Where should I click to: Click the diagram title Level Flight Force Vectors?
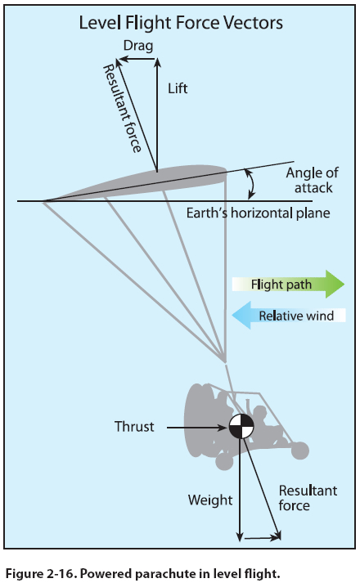click(x=181, y=23)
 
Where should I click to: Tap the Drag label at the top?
click(x=138, y=46)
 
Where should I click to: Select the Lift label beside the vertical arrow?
click(x=178, y=88)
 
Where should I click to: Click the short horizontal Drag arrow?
click(x=137, y=59)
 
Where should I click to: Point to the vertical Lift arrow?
click(x=157, y=114)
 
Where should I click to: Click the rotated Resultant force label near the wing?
click(x=122, y=109)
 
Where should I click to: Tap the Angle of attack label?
click(x=312, y=181)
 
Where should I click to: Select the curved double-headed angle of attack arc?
click(x=254, y=184)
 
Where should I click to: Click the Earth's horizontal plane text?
click(x=258, y=213)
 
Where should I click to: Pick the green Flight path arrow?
click(x=288, y=284)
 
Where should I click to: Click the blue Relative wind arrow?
click(x=289, y=316)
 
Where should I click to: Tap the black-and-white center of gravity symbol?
click(x=241, y=426)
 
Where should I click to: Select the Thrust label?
click(x=134, y=427)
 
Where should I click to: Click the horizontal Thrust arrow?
click(x=196, y=428)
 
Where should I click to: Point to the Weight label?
click(x=210, y=500)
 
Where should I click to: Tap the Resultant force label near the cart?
click(x=308, y=498)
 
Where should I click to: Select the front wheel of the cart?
click(x=299, y=451)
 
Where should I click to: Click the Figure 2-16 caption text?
click(x=143, y=573)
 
